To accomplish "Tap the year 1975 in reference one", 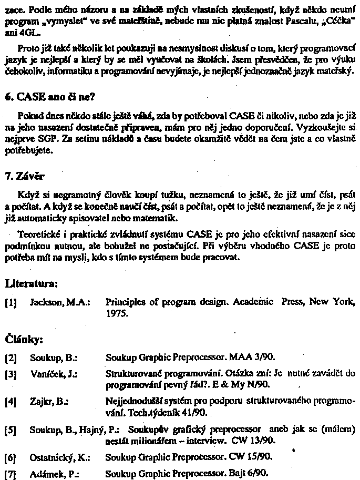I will (x=116, y=313).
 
